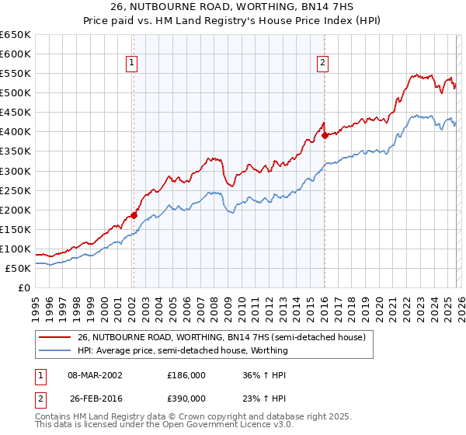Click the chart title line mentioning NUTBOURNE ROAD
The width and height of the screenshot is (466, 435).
pos(232,7)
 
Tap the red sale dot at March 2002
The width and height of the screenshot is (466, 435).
pos(134,215)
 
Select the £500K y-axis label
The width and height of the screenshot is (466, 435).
pos(16,93)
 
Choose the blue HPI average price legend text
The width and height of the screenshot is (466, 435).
pos(183,350)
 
